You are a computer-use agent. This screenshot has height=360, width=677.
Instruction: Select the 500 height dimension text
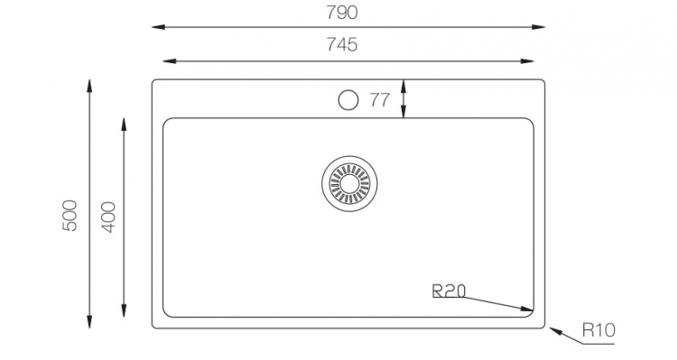pos(71,214)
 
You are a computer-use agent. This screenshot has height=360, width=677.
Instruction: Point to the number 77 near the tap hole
pos(379,100)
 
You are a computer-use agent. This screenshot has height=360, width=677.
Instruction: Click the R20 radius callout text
pos(449,291)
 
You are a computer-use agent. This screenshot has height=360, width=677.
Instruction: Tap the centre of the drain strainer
pos(347,183)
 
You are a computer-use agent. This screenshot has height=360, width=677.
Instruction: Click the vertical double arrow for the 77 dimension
pos(403,99)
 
